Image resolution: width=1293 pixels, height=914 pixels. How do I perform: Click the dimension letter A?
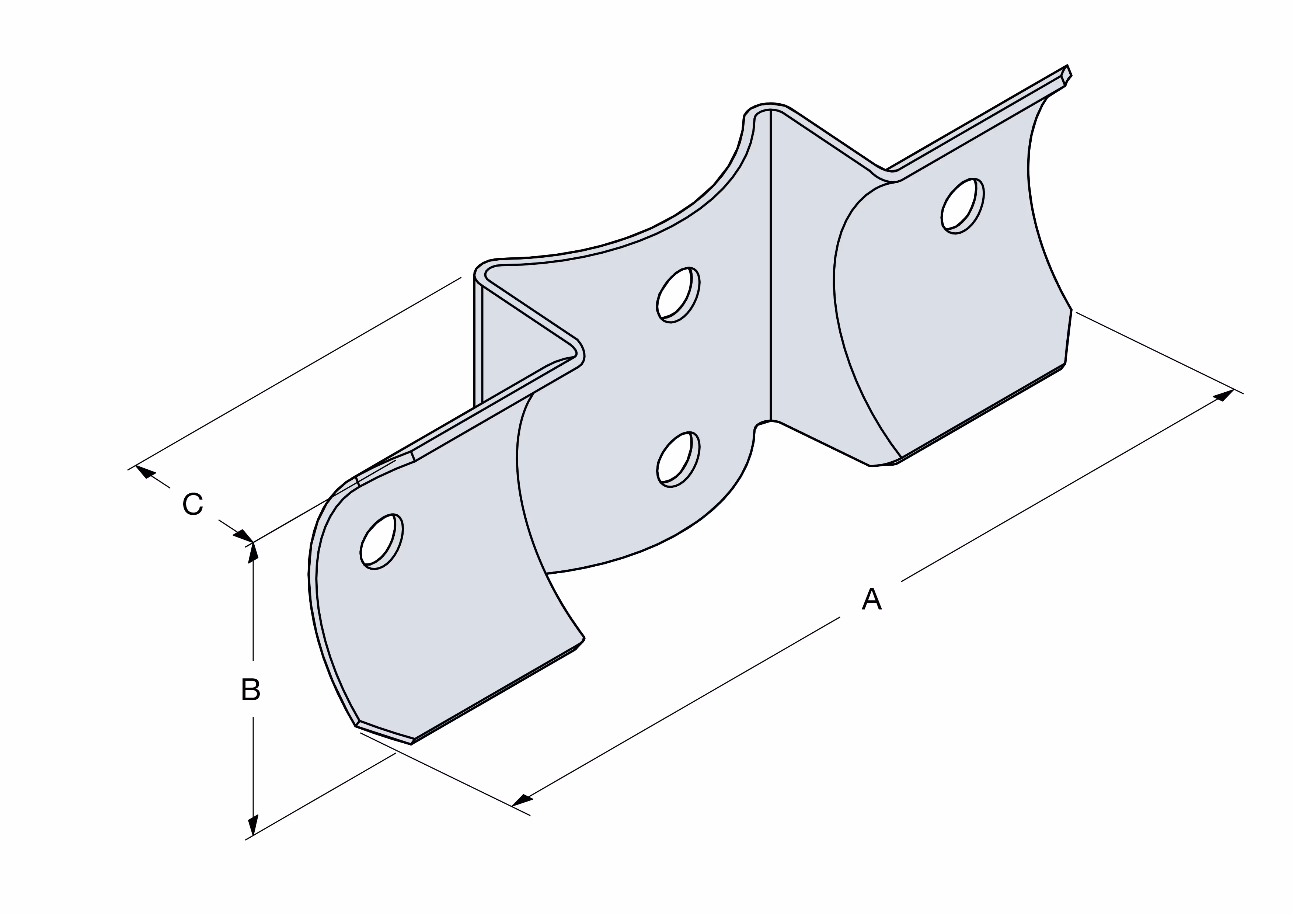click(x=871, y=599)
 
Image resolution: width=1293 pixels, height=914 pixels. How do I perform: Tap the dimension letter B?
click(x=251, y=689)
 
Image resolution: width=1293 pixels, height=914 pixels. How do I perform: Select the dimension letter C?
click(x=193, y=504)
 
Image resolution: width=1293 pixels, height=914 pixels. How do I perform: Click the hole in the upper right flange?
click(x=962, y=206)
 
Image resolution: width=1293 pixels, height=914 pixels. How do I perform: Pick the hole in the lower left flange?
click(x=381, y=542)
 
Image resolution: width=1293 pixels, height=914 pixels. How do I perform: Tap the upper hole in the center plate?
click(x=678, y=295)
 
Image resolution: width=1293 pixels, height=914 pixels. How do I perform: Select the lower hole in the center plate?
click(x=678, y=459)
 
